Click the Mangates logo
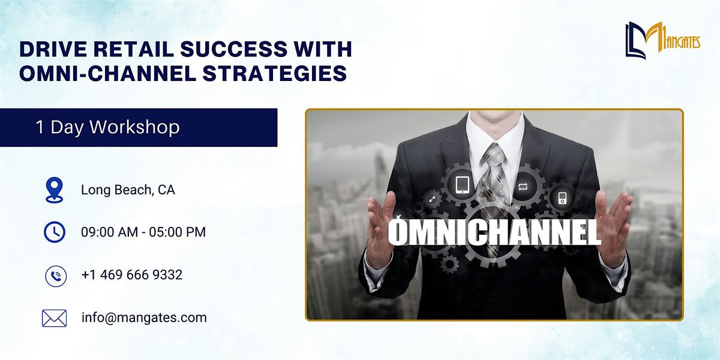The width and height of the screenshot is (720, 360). click(662, 40)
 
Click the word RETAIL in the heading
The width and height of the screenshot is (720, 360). click(133, 49)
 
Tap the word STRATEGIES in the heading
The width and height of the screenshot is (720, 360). click(275, 73)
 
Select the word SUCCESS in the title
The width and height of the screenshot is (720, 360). click(233, 49)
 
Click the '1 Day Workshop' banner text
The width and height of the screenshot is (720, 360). click(107, 127)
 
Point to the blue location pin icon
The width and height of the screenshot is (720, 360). click(55, 190)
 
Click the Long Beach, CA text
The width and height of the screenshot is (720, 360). click(128, 190)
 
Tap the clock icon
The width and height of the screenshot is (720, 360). click(55, 232)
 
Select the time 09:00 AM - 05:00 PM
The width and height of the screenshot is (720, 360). click(143, 232)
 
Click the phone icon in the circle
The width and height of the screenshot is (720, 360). click(56, 276)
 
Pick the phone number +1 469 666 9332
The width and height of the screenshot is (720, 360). click(132, 275)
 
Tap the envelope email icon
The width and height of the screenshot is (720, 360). click(55, 318)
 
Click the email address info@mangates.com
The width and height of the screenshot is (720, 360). click(144, 318)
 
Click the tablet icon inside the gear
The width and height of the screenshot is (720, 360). click(463, 185)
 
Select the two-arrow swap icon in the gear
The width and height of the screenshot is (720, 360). click(523, 187)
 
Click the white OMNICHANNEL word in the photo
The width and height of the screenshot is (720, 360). click(494, 232)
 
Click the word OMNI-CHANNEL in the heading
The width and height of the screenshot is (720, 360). click(108, 73)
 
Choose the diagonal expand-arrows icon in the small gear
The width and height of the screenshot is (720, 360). click(433, 199)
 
